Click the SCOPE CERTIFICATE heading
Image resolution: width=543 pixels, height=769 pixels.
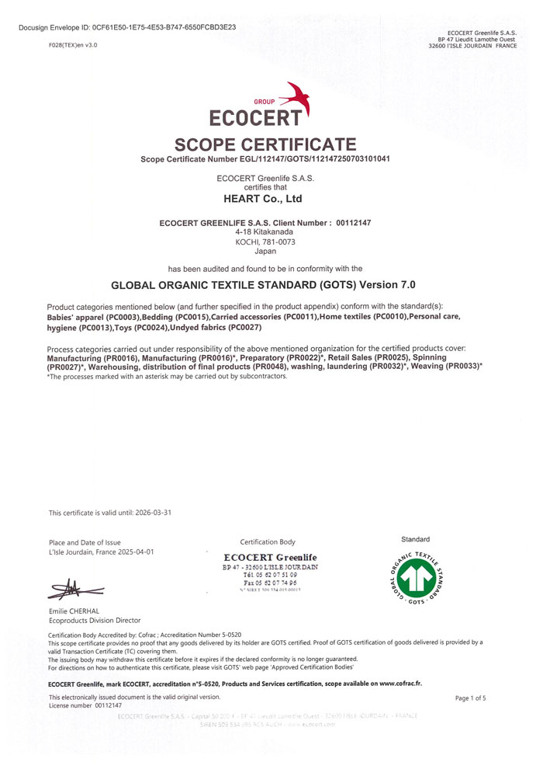click(265, 144)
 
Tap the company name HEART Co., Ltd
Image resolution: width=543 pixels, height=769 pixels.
click(262, 199)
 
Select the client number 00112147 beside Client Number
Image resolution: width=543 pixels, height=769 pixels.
click(354, 223)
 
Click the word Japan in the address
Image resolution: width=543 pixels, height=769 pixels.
click(265, 252)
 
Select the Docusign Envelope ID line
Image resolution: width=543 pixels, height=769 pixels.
click(126, 27)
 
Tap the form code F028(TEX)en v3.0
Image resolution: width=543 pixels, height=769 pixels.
click(72, 45)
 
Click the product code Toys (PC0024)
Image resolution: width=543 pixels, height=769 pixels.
click(142, 329)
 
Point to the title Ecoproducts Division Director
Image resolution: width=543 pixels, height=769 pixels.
click(94, 621)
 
